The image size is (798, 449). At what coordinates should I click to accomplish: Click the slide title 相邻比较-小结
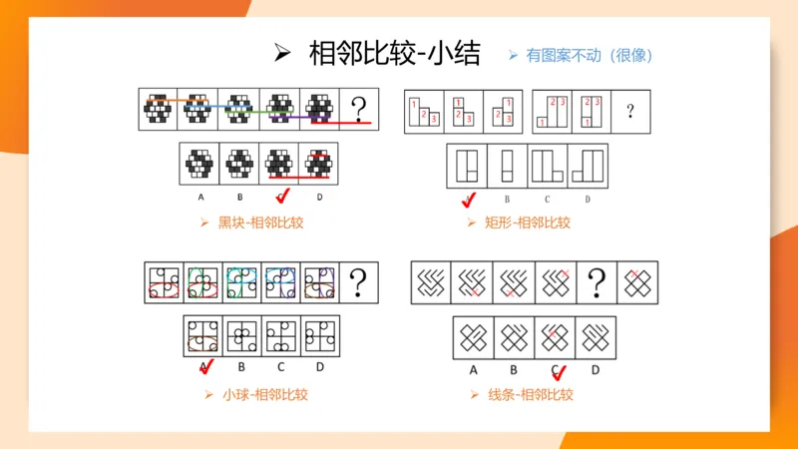394,54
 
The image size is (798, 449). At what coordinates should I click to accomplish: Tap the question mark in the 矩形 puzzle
630,111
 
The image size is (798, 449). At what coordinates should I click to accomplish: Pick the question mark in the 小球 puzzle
361,280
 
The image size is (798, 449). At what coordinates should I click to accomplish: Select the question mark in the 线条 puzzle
598,282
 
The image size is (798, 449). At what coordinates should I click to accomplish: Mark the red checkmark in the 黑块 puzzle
281,196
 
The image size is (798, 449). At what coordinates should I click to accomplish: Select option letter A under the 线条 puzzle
473,371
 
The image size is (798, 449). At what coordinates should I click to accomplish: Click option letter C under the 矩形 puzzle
547,198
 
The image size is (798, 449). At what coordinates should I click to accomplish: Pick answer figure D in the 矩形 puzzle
587,166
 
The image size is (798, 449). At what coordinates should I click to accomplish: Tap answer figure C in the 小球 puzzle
281,336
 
